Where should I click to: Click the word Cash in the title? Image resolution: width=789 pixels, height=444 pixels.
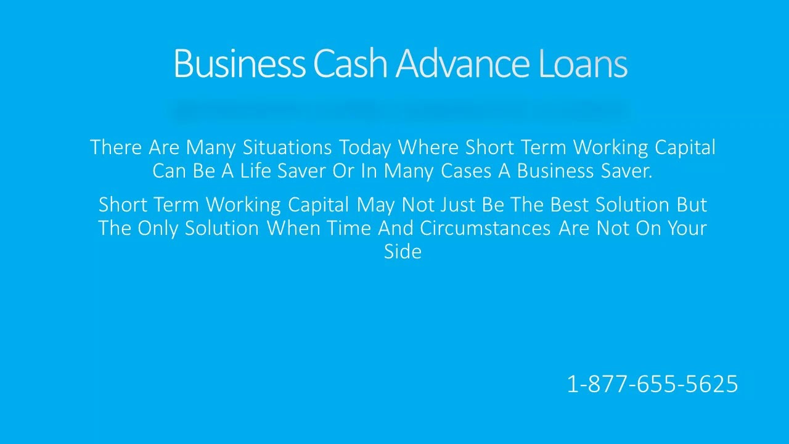click(x=350, y=63)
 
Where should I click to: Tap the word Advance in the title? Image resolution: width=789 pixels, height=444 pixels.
click(x=462, y=63)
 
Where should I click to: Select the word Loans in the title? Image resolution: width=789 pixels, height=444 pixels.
click(x=583, y=63)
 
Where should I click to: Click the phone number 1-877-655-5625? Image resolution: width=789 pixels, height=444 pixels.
click(x=652, y=384)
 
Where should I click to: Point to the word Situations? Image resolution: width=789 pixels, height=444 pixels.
click(x=287, y=147)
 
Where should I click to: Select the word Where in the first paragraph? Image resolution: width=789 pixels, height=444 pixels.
click(x=429, y=147)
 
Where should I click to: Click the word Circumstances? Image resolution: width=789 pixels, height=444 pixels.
click(x=485, y=228)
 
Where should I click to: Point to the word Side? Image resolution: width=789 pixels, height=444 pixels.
click(x=403, y=252)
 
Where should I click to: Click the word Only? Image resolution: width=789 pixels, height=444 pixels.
click(x=158, y=229)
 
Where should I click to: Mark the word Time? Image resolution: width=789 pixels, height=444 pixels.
click(x=349, y=228)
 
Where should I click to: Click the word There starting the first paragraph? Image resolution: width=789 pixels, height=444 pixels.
click(x=117, y=147)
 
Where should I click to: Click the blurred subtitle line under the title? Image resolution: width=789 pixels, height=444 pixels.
click(x=399, y=110)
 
